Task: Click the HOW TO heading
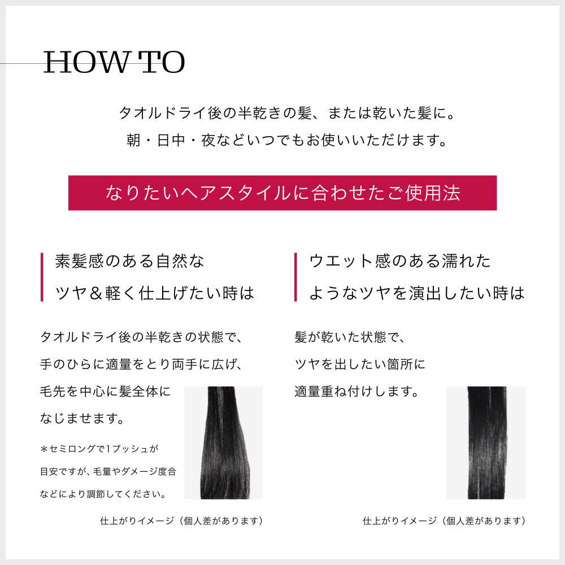point(114,63)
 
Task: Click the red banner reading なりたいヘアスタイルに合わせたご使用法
point(282,193)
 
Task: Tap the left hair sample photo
point(223,442)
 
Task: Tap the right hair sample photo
point(485,442)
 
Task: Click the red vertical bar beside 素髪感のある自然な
point(42,277)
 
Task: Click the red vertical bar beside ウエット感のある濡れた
point(295,277)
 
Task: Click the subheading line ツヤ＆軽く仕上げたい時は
point(154,293)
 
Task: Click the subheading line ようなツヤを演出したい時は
point(416,293)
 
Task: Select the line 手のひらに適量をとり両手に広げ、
point(141,364)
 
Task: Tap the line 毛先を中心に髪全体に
point(105,391)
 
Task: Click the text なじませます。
point(82,419)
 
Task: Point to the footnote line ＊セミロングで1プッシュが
point(99,449)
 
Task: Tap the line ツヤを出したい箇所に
point(359,364)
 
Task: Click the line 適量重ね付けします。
point(356,391)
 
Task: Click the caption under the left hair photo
point(181,521)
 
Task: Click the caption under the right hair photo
point(444,521)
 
